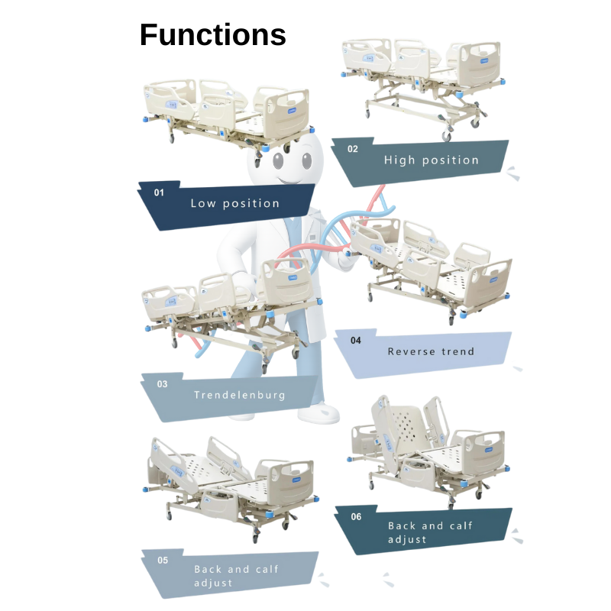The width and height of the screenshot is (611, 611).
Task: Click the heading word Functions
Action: tap(212, 34)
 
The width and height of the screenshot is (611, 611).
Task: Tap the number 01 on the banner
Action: tap(159, 192)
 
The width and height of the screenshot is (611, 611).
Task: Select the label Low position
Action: tap(234, 203)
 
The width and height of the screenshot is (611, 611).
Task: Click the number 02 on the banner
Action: tap(352, 149)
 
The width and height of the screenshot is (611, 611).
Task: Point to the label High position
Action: tap(431, 160)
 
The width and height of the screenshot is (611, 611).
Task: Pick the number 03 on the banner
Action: tap(162, 384)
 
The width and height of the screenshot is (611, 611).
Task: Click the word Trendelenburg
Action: tap(239, 395)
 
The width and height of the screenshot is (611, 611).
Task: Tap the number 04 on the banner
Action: tap(356, 341)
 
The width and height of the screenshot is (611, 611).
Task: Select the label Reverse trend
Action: tap(431, 351)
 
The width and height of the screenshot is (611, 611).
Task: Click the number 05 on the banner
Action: tap(163, 560)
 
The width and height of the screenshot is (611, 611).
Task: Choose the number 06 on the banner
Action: tap(356, 516)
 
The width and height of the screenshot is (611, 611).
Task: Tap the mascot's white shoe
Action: tap(318, 413)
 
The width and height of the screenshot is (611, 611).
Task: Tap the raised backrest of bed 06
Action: tap(398, 424)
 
